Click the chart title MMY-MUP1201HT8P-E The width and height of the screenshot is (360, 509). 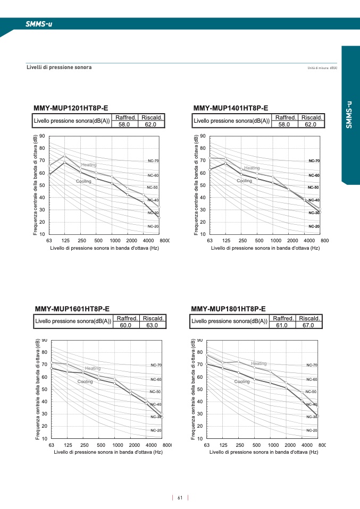pyautogui.click(x=71, y=108)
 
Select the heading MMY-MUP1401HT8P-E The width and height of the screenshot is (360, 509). pyautogui.click(x=231, y=108)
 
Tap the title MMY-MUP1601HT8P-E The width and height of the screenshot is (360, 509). pyautogui.click(x=72, y=309)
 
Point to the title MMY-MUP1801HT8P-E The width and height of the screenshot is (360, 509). pyautogui.click(x=228, y=309)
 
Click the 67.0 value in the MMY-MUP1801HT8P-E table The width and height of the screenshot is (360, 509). pyautogui.click(x=309, y=325)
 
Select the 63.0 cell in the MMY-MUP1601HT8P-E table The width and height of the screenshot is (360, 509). pyautogui.click(x=153, y=325)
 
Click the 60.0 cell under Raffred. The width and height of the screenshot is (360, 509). pyautogui.click(x=127, y=325)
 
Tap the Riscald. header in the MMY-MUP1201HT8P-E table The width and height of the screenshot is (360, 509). pyautogui.click(x=152, y=117)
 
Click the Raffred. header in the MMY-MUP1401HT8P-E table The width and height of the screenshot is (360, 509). pyautogui.click(x=286, y=117)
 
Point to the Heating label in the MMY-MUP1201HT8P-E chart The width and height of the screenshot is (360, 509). pyautogui.click(x=89, y=165)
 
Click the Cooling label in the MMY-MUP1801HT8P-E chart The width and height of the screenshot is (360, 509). pyautogui.click(x=242, y=381)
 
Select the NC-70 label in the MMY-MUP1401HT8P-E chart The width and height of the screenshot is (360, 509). pyautogui.click(x=314, y=160)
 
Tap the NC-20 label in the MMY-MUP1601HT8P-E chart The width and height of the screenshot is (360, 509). pyautogui.click(x=156, y=430)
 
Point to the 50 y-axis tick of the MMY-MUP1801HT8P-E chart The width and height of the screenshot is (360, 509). pyautogui.click(x=200, y=389)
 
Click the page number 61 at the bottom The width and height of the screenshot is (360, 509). pyautogui.click(x=180, y=498)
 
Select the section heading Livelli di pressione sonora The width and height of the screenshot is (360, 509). pyautogui.click(x=59, y=67)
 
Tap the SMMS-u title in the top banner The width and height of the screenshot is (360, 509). pyautogui.click(x=39, y=24)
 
